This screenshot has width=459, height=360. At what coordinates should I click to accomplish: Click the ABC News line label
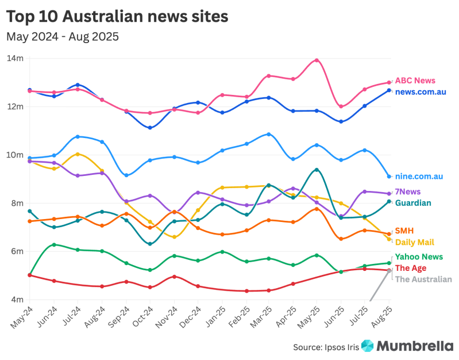tap(415, 81)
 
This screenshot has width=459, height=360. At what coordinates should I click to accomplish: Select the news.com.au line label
tap(421, 91)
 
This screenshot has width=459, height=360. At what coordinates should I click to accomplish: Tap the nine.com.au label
tap(418, 177)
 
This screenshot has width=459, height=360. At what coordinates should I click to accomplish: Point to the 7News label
tap(407, 192)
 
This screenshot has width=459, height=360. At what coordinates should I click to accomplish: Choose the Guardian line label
tap(413, 202)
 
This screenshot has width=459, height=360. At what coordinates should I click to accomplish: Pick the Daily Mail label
tap(414, 242)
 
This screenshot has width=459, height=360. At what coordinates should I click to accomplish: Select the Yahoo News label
tap(419, 257)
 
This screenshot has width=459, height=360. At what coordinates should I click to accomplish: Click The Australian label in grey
tap(423, 279)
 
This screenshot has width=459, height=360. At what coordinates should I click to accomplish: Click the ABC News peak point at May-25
tap(317, 60)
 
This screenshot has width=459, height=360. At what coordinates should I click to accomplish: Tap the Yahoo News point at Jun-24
tap(54, 244)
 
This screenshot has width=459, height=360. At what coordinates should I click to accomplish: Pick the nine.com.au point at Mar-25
tap(269, 134)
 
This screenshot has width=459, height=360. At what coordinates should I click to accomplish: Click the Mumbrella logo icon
tap(367, 346)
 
